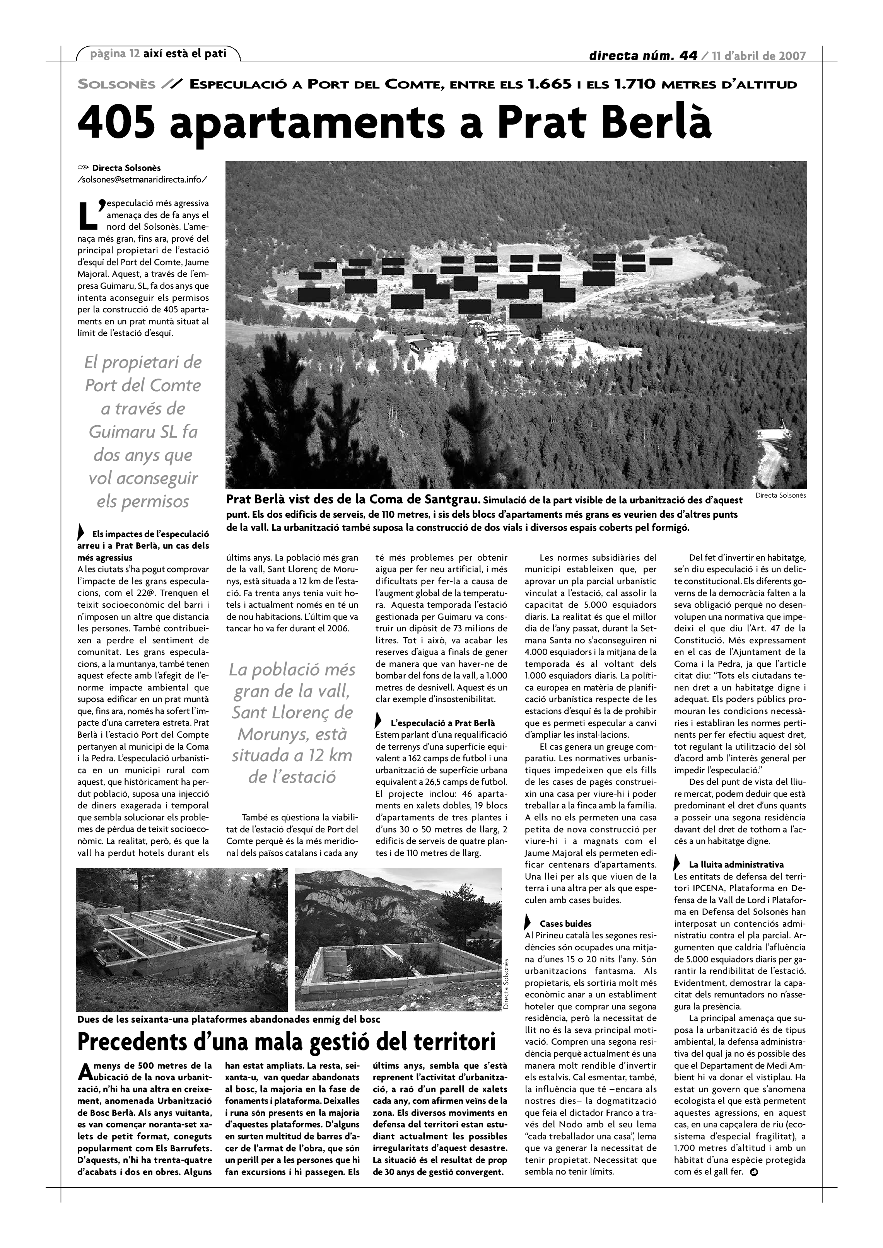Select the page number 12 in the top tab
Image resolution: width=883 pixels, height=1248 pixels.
135,54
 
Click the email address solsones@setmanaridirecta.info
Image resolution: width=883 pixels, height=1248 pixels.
142,179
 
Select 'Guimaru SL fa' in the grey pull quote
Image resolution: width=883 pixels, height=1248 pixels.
143,432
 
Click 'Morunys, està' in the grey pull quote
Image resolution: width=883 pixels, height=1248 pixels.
292,734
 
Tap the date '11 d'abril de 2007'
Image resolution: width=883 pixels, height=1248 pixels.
760,55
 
